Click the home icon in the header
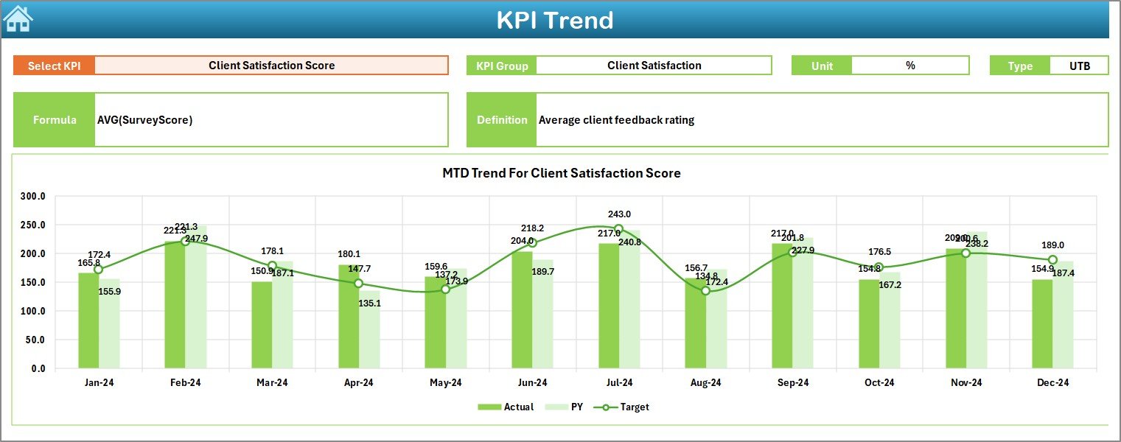(18, 19)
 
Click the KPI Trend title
(554, 20)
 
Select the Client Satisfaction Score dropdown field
(271, 66)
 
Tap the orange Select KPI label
(55, 66)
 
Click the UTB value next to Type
(1079, 66)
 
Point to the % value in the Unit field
(910, 66)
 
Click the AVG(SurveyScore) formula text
(145, 120)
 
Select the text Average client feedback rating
(616, 120)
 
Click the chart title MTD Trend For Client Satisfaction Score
(561, 173)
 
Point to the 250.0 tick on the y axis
(34, 225)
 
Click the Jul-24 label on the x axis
(619, 382)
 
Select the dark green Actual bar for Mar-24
(262, 324)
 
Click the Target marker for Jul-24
(618, 229)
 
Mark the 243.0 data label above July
(619, 214)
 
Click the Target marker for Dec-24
(1052, 260)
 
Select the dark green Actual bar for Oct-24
(869, 323)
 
